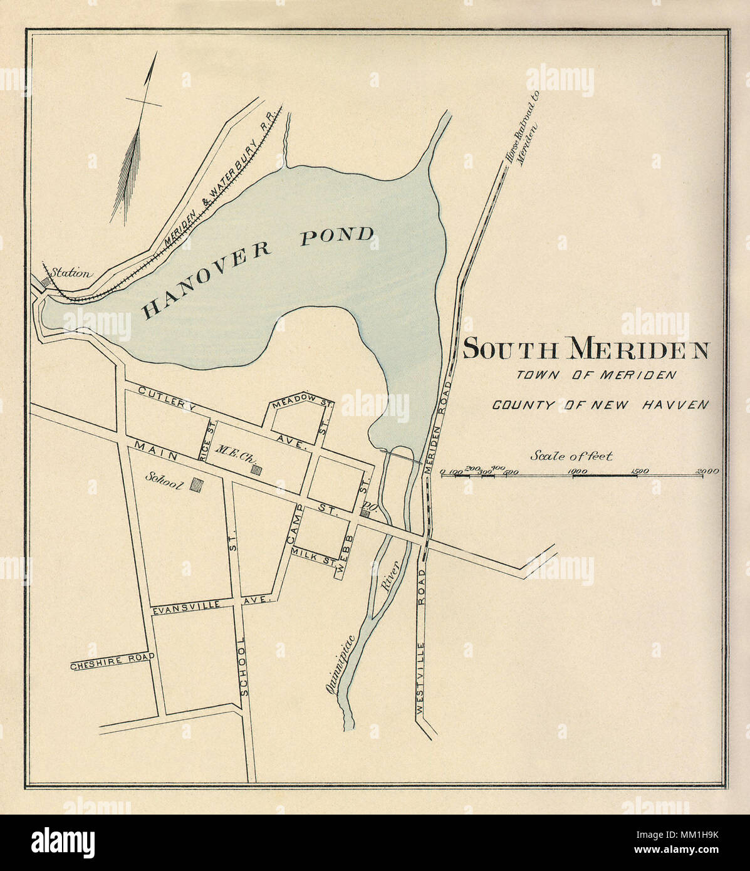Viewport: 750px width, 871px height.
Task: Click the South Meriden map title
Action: coord(585,350)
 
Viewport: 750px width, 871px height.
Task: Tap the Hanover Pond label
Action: coord(258,271)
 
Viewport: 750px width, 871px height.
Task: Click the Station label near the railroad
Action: coord(71,273)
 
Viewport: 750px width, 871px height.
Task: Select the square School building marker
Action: coord(197,484)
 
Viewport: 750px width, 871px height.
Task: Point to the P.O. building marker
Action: coord(365,513)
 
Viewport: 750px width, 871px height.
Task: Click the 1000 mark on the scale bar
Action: coord(576,471)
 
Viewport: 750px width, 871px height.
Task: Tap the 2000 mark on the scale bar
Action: coord(706,471)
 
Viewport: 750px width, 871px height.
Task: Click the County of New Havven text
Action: coord(600,405)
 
